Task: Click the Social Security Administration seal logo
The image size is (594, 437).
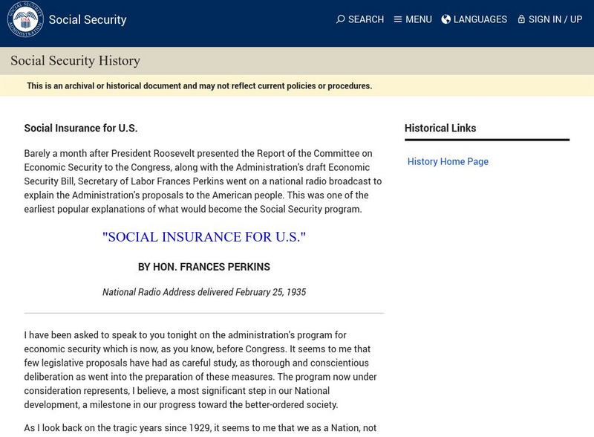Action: coord(25,19)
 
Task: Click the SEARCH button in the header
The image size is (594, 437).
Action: coord(360,19)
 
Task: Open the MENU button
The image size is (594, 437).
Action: coord(413,19)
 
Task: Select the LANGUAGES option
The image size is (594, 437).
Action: coord(474,19)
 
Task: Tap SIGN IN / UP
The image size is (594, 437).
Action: coord(550,19)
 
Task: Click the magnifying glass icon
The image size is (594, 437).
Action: coord(341,19)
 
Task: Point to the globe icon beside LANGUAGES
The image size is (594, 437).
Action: coord(446,19)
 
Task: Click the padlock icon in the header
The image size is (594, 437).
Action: coord(521,19)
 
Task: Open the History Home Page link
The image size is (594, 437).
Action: coord(448,161)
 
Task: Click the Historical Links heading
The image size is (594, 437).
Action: coord(440,128)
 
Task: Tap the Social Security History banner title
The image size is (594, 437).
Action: coord(75,61)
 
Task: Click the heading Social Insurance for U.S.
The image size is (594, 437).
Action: coord(81,128)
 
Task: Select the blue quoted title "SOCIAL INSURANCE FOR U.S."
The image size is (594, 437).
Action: coord(204,238)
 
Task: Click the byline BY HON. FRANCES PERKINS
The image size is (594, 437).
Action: coord(204,267)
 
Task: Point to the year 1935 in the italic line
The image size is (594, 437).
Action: coord(296,292)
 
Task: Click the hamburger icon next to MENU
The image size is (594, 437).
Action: coord(398,19)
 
